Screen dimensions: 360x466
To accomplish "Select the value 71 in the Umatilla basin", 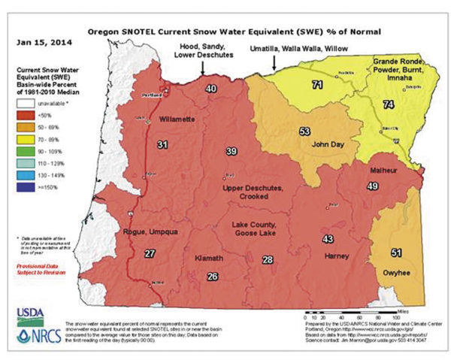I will (318, 83).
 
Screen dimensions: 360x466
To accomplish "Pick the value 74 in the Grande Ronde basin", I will (388, 105).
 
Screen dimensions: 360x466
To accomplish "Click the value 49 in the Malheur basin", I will (371, 186).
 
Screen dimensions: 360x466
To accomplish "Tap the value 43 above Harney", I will (328, 239).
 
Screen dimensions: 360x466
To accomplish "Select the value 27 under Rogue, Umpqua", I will (150, 253).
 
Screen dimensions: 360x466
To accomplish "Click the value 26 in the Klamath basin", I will (213, 277).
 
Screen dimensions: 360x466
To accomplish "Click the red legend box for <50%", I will (28, 115).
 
